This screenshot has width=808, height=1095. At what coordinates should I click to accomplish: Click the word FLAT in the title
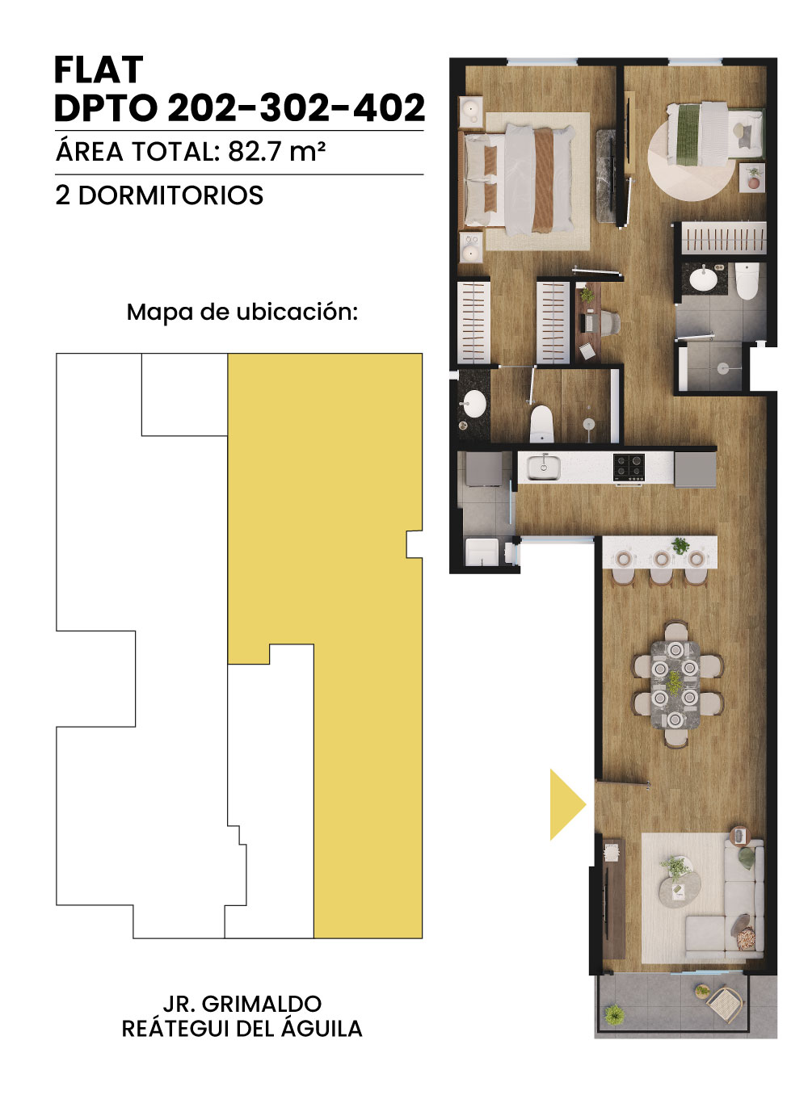coord(99,70)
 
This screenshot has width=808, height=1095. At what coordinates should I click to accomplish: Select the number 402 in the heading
coord(389,107)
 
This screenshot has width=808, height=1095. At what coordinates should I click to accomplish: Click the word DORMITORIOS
coord(170,195)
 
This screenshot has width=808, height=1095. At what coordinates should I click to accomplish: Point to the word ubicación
coord(297,313)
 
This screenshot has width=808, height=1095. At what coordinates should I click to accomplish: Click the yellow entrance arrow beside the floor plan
coord(567,804)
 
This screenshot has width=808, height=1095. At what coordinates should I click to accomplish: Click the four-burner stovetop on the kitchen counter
coord(629,467)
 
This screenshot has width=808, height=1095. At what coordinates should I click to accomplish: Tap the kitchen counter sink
coord(544,467)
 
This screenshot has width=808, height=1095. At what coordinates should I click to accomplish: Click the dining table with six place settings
coord(675,685)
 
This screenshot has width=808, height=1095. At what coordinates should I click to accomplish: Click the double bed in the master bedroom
coord(519,179)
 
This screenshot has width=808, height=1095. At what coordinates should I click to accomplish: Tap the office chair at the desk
coord(608,323)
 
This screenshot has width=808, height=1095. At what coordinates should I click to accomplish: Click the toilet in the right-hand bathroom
coord(747,280)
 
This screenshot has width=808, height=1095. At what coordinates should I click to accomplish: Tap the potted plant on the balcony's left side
coord(614,1015)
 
